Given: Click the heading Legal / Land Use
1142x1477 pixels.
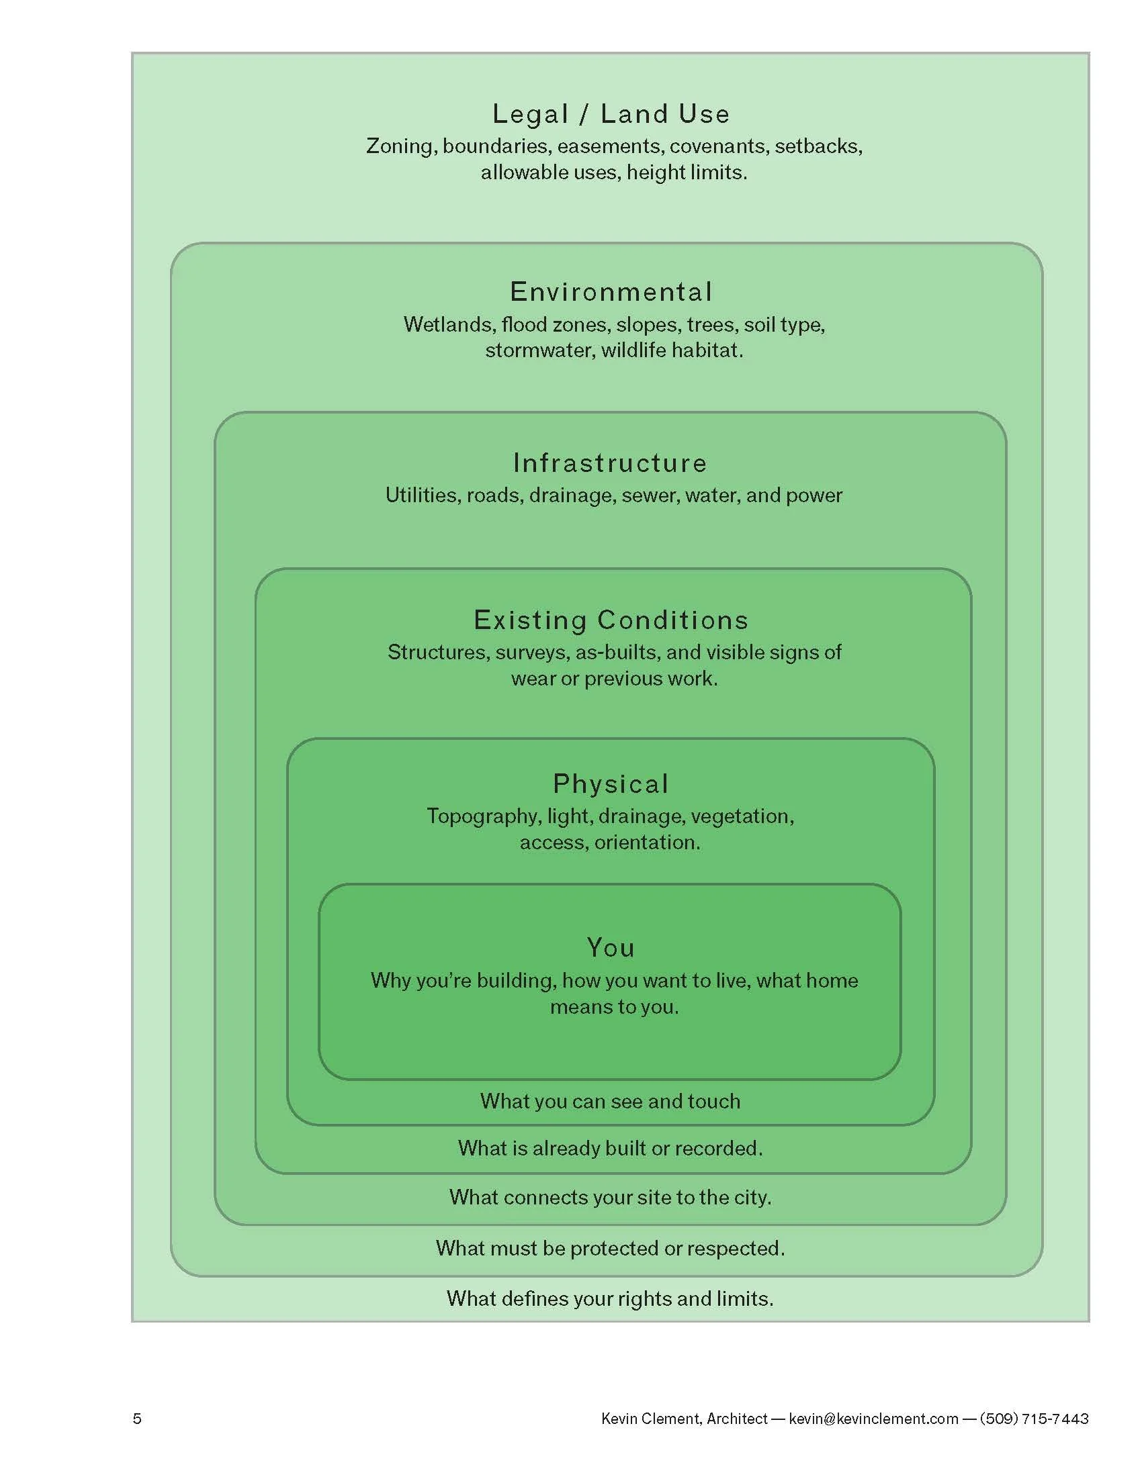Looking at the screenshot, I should click(x=611, y=113).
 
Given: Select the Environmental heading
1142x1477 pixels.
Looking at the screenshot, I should click(x=611, y=292).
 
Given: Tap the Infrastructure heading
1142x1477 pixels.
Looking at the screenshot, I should click(x=610, y=463).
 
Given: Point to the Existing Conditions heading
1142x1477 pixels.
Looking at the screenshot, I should click(x=611, y=620).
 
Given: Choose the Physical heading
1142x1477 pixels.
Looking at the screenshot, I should click(x=611, y=783).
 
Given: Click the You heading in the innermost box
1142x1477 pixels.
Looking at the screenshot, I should click(x=611, y=947).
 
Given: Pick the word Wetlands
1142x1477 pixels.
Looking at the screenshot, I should click(x=448, y=325).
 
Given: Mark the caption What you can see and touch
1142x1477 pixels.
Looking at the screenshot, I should click(x=610, y=1102).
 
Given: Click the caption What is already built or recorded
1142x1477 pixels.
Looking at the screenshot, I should click(x=610, y=1148).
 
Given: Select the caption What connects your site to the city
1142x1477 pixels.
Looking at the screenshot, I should click(x=610, y=1198).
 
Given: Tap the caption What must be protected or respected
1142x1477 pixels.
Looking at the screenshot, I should click(x=610, y=1249).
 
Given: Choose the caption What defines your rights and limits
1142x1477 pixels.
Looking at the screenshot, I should click(x=610, y=1299).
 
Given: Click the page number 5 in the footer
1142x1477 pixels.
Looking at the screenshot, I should click(x=137, y=1419).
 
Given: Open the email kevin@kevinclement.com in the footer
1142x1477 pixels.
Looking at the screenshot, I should click(x=873, y=1419).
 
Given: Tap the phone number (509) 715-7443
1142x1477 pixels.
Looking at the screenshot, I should click(x=1034, y=1419).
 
